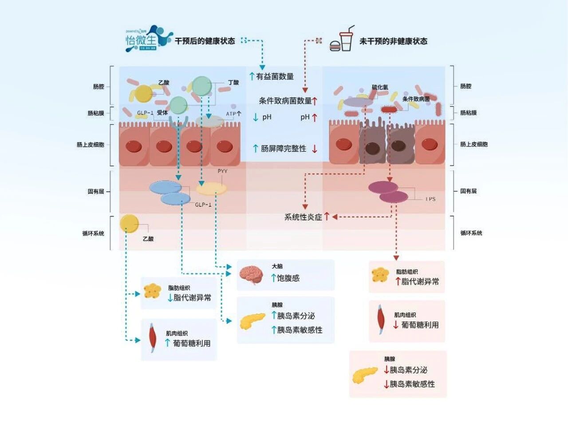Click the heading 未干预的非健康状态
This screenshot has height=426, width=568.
click(x=393, y=41)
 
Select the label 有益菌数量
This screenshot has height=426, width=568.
click(x=275, y=76)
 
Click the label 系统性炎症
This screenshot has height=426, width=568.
click(x=303, y=217)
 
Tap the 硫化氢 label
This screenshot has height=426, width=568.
click(x=380, y=87)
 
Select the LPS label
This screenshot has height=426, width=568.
click(x=430, y=199)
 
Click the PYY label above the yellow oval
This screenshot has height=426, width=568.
click(x=222, y=171)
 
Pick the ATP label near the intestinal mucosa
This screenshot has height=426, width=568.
click(x=231, y=114)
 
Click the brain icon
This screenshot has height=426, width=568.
click(x=251, y=275)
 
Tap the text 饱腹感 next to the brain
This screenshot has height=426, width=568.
click(x=288, y=278)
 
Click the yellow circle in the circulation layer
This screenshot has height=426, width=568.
click(x=129, y=223)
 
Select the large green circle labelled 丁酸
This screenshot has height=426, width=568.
click(x=202, y=86)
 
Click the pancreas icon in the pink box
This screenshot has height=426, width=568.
click(x=365, y=375)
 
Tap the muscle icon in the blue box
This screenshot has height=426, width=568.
click(x=152, y=339)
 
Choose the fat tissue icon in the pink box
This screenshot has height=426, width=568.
click(x=380, y=275)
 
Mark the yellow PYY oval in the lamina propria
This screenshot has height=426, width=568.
click(x=212, y=189)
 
